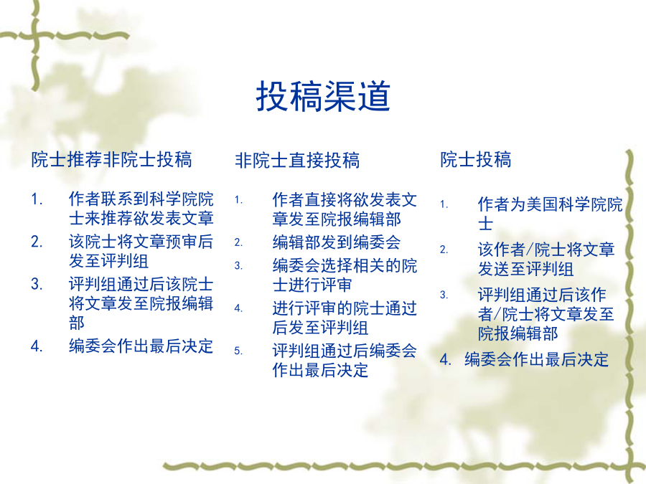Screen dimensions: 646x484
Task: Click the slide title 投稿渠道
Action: click(x=323, y=96)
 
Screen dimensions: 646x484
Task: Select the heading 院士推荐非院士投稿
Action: click(x=112, y=160)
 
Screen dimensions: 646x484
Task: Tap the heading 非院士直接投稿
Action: click(x=297, y=161)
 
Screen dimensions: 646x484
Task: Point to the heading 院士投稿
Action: click(x=475, y=160)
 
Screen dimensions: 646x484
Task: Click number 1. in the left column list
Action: click(x=37, y=199)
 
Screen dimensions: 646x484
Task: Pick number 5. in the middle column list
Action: click(x=238, y=351)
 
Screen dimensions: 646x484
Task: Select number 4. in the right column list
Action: click(x=445, y=360)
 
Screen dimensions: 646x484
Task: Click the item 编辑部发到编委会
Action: click(x=336, y=242)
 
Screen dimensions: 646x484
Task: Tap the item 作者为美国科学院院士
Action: click(x=550, y=214)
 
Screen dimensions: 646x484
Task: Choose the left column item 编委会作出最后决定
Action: click(x=141, y=346)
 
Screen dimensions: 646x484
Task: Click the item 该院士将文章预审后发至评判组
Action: click(x=141, y=251)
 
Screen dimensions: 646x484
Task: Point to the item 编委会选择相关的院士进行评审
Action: click(x=345, y=275)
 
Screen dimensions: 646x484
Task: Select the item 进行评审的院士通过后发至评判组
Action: click(x=345, y=318)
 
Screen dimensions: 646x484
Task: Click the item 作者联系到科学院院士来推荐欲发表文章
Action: click(x=141, y=208)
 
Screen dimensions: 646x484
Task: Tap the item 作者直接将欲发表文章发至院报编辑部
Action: click(x=345, y=209)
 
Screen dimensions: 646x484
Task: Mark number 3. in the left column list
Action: click(x=37, y=285)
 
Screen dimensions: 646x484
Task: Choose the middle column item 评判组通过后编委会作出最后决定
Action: click(x=345, y=361)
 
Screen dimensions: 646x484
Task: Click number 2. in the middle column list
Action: click(x=238, y=243)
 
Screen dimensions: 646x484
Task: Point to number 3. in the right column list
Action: click(x=444, y=295)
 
